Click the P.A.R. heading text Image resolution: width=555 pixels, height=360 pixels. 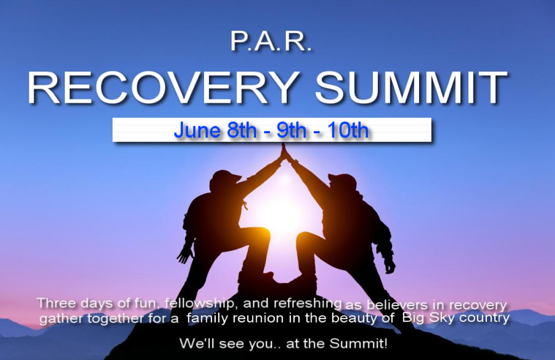(x=271, y=42)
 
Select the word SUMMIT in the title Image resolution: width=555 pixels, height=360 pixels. (x=411, y=88)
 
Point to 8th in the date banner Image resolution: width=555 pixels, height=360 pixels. (x=242, y=130)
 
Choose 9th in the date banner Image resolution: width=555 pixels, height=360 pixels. (x=291, y=130)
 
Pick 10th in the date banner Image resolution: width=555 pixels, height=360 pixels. (x=347, y=130)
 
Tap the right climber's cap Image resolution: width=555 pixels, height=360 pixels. (x=343, y=179)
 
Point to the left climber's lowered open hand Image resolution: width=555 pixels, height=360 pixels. (x=186, y=254)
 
